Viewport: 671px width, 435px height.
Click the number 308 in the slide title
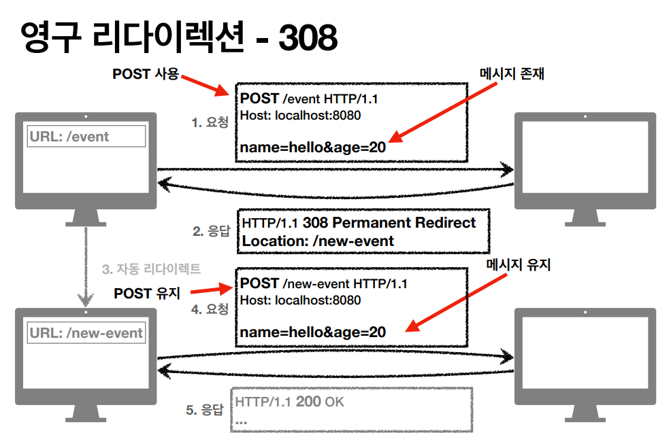pyautogui.click(x=306, y=38)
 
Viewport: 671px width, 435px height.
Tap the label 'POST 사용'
pyautogui.click(x=145, y=74)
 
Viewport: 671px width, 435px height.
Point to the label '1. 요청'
pyautogui.click(x=210, y=123)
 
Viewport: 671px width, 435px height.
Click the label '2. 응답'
pyautogui.click(x=211, y=231)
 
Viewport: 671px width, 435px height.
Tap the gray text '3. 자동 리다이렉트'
pyautogui.click(x=151, y=268)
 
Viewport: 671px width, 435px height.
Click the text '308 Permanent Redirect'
pyautogui.click(x=389, y=223)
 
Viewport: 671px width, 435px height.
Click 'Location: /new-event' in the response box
pyautogui.click(x=318, y=241)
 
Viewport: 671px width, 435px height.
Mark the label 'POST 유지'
pyautogui.click(x=147, y=293)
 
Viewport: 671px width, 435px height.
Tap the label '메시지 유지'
pyautogui.click(x=519, y=265)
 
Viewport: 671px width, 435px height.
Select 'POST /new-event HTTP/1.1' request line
pyautogui.click(x=323, y=283)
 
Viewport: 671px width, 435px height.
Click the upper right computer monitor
pyautogui.click(x=585, y=160)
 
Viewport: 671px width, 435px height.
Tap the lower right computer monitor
pyautogui.click(x=585, y=357)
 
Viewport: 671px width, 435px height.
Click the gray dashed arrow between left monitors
pyautogui.click(x=86, y=265)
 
